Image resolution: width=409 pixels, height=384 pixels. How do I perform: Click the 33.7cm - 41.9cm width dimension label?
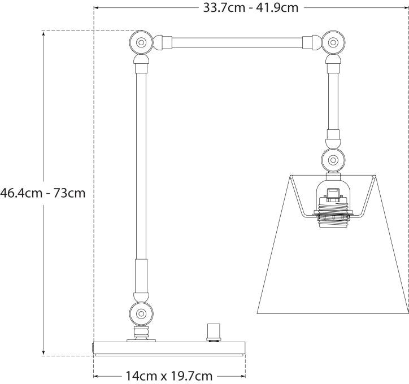(251, 7)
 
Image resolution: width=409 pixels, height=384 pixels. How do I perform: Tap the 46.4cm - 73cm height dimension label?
(43, 193)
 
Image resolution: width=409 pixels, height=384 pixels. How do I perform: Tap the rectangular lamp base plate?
(169, 348)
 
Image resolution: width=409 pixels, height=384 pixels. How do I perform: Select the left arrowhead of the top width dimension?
(97, 7)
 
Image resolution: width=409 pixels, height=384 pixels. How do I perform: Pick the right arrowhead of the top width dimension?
(406, 7)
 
